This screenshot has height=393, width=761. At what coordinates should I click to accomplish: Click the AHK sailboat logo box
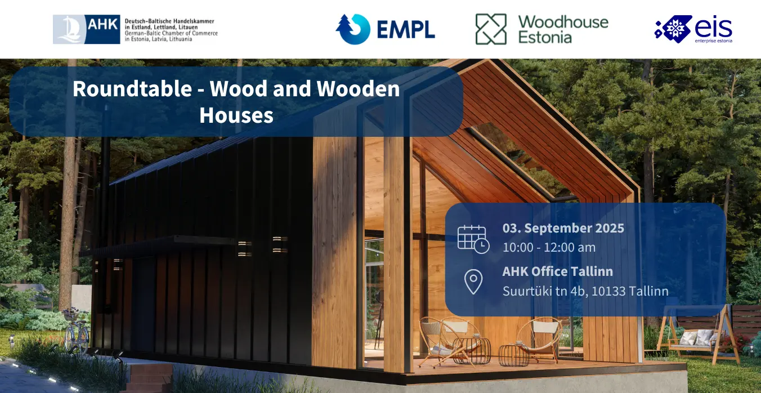86,29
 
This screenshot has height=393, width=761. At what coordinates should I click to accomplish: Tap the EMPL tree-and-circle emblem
353,29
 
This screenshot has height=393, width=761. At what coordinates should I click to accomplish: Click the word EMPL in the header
406,30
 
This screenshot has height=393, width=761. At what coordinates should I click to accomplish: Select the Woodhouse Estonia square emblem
491,29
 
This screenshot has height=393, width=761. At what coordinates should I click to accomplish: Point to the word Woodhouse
563,22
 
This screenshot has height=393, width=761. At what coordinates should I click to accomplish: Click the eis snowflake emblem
674,29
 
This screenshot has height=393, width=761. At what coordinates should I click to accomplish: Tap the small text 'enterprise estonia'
714,41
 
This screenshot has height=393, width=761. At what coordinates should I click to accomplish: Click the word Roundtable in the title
132,89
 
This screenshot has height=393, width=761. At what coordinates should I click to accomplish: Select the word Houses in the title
236,115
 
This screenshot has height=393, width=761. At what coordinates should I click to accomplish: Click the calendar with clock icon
473,239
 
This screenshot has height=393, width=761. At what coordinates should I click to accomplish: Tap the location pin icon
473,282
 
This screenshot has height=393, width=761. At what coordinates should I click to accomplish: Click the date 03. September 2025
563,228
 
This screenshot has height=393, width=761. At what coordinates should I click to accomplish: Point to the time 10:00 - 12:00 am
549,248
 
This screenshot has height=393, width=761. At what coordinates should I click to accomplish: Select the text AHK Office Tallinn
557,271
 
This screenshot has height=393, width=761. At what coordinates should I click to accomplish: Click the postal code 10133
610,291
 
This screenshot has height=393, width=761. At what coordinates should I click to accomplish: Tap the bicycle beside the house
76,331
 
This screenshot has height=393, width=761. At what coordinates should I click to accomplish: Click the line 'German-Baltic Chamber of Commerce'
171,33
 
